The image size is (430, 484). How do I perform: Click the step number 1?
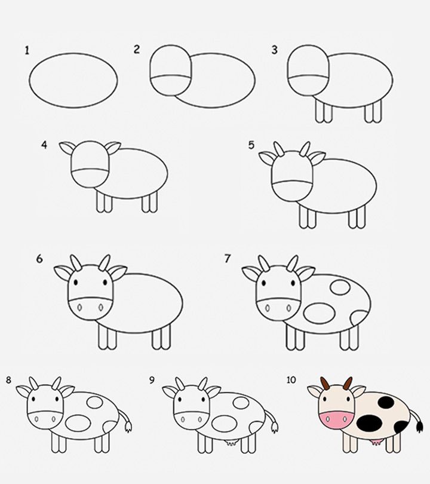pos(27,51)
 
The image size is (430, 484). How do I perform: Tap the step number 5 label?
pos(251,145)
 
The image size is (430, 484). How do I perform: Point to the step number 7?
pos(228,259)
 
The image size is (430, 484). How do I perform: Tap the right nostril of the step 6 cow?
pos(100,308)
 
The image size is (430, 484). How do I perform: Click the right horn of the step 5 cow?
pos(305,148)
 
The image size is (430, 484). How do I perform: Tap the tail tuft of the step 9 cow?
pos(274,427)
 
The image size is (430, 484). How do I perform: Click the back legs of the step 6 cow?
pos(158,338)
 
